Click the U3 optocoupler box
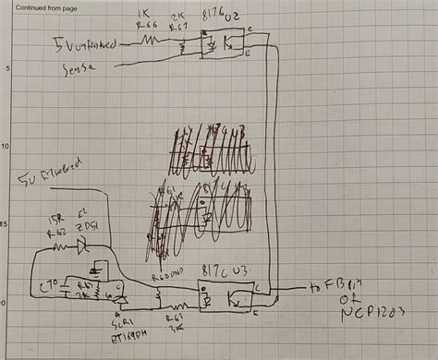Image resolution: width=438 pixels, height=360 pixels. [x=220, y=297]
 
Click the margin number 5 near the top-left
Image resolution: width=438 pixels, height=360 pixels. [x=6, y=69]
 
